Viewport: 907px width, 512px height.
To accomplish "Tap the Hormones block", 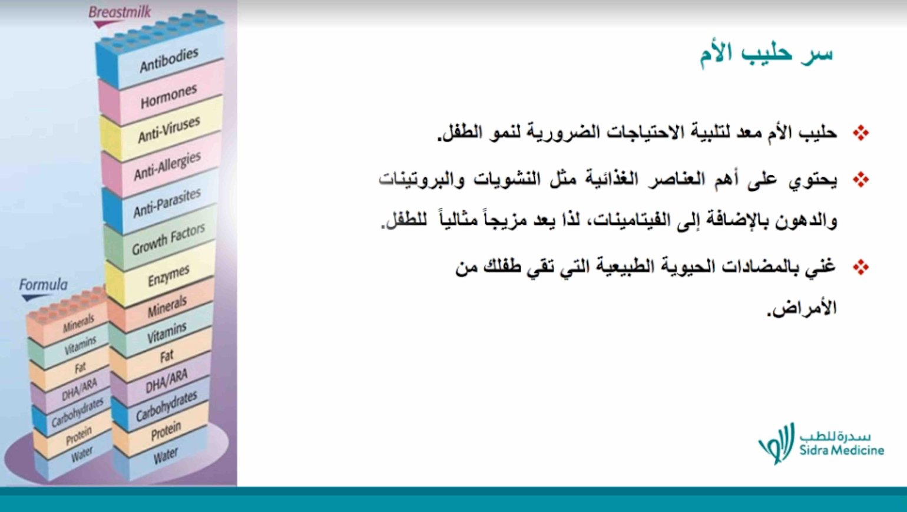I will click(x=168, y=97).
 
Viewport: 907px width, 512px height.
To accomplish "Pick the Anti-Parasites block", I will click(x=167, y=202).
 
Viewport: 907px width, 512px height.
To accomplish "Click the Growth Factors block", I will click(x=168, y=239).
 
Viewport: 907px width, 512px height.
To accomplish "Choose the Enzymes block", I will click(x=168, y=275).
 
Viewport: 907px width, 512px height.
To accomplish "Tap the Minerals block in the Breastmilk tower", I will click(x=167, y=306).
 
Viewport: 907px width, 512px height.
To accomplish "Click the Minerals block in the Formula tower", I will click(x=78, y=323).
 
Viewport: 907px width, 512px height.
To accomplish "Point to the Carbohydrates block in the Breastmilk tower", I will click(x=166, y=406).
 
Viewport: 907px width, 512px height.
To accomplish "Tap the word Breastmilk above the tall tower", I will click(x=120, y=12).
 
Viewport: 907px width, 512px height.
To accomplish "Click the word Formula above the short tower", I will click(x=43, y=285).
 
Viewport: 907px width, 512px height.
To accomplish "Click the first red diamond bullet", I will click(x=860, y=133).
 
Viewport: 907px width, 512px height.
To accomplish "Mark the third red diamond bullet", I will click(x=860, y=267).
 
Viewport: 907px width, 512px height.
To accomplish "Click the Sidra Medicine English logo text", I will click(x=842, y=451).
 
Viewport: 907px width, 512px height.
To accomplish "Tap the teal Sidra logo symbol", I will click(x=776, y=443).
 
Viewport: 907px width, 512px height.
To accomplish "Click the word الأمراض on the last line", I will click(x=802, y=308).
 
